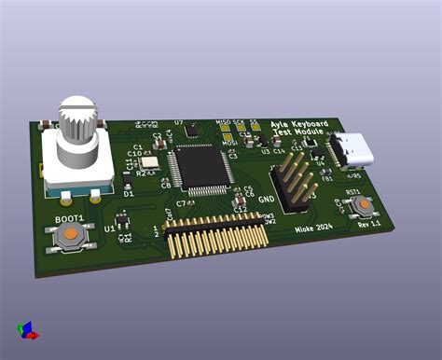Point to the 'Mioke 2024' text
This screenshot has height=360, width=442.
click(314, 227)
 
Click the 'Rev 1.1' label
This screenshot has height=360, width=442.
click(369, 225)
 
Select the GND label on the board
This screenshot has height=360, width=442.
click(266, 199)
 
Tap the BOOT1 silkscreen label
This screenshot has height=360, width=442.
click(69, 218)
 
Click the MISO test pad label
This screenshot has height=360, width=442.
click(222, 122)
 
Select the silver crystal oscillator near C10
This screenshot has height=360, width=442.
click(147, 161)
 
